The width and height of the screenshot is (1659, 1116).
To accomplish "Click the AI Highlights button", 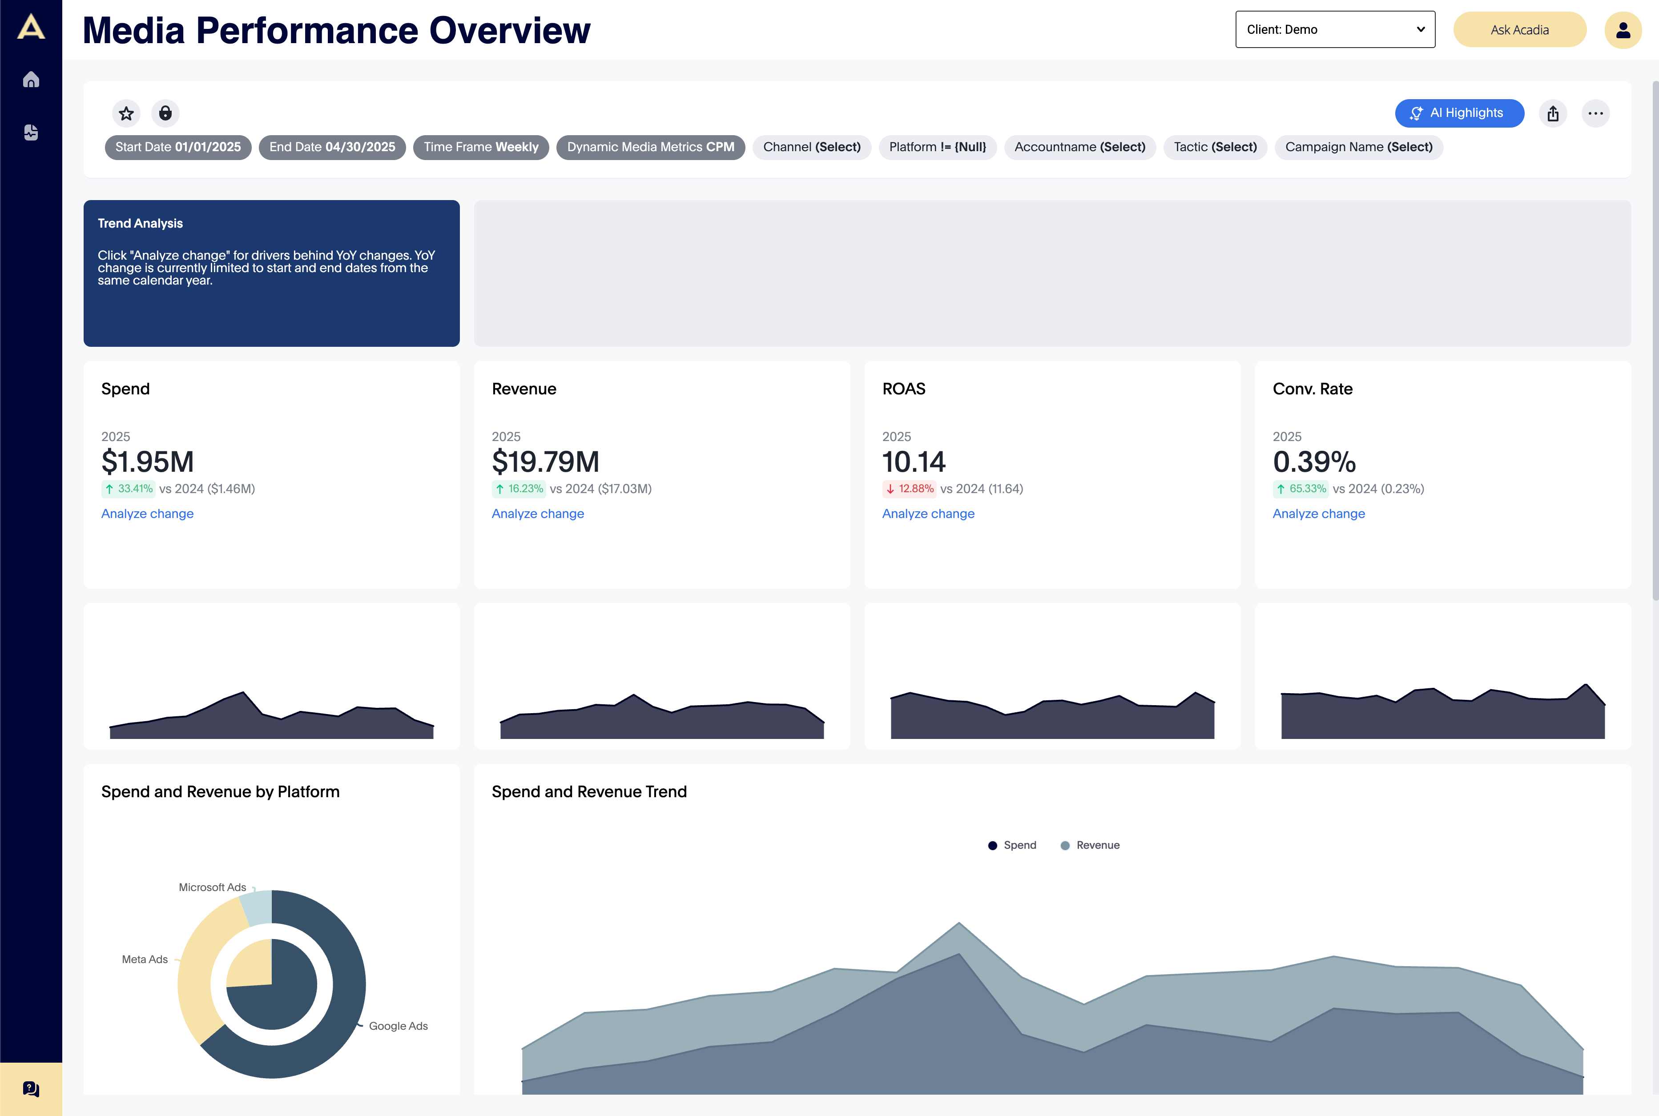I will point(1459,113).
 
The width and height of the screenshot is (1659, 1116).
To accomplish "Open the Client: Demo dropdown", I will point(1334,30).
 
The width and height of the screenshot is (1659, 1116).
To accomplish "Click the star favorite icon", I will point(126,113).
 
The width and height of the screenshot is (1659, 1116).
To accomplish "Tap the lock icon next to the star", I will point(165,113).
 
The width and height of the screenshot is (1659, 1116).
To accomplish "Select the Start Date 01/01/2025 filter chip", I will point(178,147).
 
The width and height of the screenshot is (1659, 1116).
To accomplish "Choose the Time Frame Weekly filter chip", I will point(481,147).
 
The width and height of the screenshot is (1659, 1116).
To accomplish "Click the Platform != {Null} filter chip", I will point(937,147).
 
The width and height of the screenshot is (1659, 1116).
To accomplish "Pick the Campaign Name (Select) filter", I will point(1358,147).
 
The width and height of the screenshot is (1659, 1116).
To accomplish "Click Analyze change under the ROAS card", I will point(928,514).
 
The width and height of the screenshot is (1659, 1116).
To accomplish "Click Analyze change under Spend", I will point(147,514).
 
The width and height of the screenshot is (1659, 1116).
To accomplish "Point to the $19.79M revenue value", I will point(545,462).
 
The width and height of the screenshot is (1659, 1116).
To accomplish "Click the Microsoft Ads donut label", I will point(212,887).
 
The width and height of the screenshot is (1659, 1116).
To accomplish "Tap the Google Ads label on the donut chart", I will point(398,1026).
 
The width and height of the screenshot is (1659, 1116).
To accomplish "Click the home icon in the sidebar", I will point(31,80).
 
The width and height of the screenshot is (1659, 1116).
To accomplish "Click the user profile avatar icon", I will point(1622,30).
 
